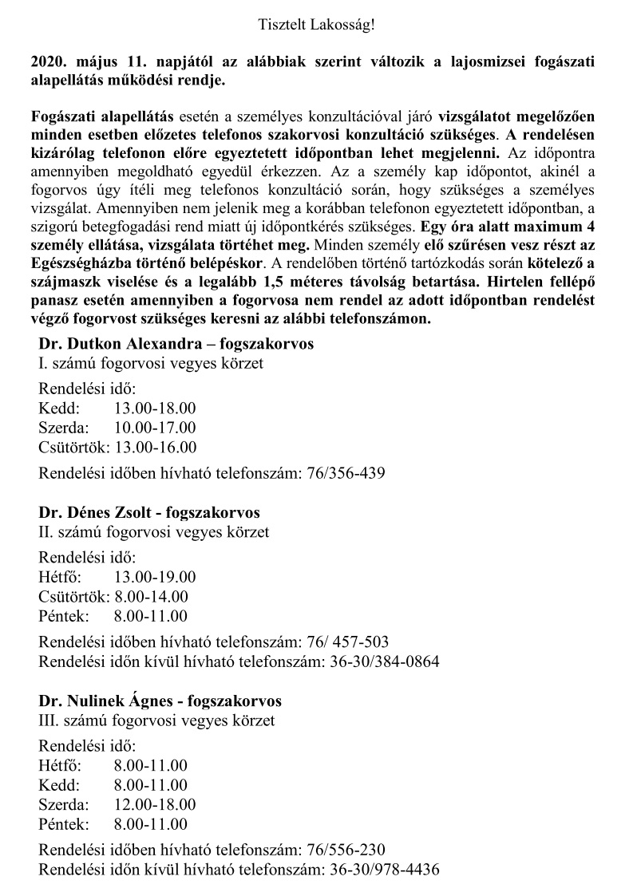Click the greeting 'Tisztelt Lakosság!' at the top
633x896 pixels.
(316, 25)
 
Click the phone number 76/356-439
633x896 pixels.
(346, 473)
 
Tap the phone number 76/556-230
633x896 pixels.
(346, 850)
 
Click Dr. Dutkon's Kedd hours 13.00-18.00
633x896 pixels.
(155, 408)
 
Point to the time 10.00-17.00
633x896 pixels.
(155, 428)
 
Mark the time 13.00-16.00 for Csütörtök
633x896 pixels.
(156, 447)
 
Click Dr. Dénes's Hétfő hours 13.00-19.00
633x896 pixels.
(155, 576)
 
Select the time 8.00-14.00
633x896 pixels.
(152, 596)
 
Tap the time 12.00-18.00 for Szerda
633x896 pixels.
(155, 804)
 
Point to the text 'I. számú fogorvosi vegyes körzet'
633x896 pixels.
(151, 363)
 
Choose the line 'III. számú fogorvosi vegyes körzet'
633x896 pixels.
(156, 720)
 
